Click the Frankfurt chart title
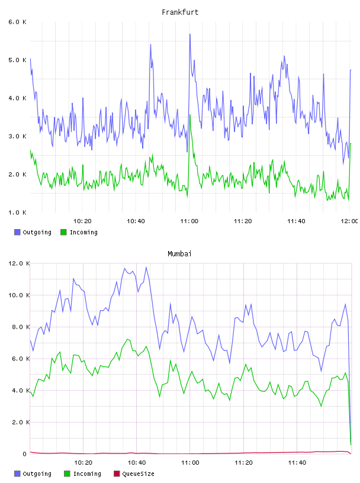point(180,12)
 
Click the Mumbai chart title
point(179,254)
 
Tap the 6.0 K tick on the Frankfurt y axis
point(17,22)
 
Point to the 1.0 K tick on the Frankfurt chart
point(17,212)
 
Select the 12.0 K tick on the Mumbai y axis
point(19,263)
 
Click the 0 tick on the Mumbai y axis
point(25,454)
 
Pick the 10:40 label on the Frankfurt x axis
point(136,221)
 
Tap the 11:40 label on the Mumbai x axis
point(297,463)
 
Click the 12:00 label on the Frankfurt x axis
point(349,221)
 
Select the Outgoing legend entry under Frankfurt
point(33,232)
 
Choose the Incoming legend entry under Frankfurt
point(79,232)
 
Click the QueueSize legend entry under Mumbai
point(134,474)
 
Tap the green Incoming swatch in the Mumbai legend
point(67,474)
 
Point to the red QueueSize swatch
point(117,474)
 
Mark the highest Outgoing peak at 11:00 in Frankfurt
point(190,34)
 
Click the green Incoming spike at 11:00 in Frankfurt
point(190,115)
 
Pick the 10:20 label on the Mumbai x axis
point(83,463)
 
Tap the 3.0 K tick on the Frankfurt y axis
point(17,136)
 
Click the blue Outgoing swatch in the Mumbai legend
point(17,474)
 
